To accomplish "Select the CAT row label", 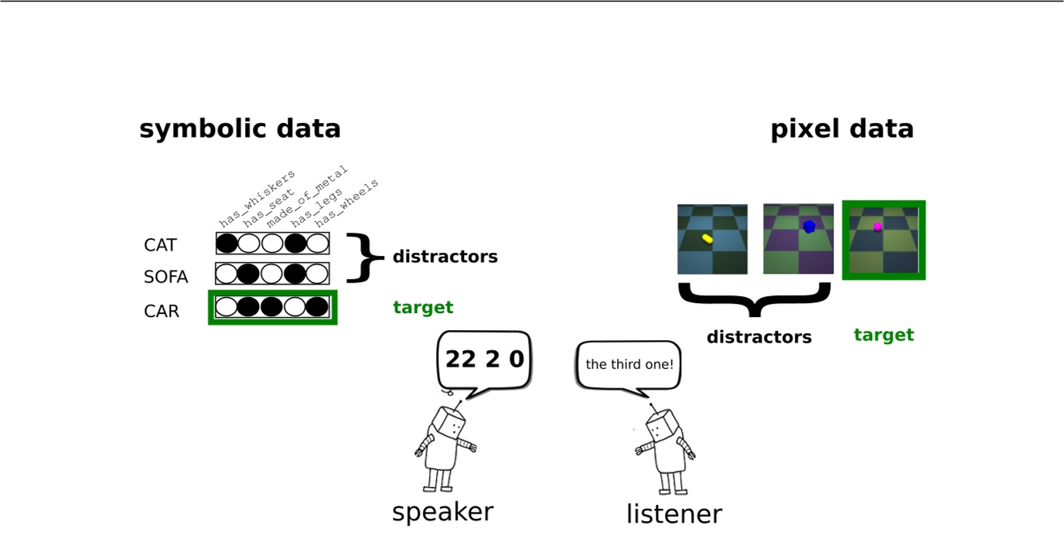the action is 160,245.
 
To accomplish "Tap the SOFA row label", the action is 165,277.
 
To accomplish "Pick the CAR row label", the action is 162,312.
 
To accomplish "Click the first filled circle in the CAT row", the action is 227,244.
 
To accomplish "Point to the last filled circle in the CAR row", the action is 317,307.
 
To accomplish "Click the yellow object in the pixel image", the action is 708,238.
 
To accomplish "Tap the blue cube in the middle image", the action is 809,227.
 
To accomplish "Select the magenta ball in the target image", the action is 878,227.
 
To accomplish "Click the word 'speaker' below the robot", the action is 443,513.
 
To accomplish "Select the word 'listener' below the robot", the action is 674,513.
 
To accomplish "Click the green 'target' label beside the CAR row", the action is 423,307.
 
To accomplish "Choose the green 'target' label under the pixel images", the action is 884,335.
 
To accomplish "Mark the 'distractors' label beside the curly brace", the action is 445,257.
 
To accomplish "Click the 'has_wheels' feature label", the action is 346,203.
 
